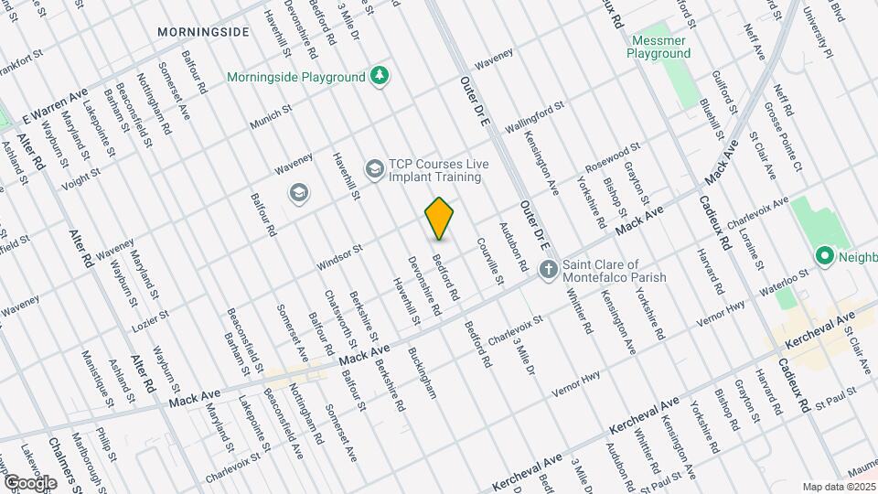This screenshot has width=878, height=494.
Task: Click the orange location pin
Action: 440,219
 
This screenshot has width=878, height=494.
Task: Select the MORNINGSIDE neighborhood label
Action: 203,32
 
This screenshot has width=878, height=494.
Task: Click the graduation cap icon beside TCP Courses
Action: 374,169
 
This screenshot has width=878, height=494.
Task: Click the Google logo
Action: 30,482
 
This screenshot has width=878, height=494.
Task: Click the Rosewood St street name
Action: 613,157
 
